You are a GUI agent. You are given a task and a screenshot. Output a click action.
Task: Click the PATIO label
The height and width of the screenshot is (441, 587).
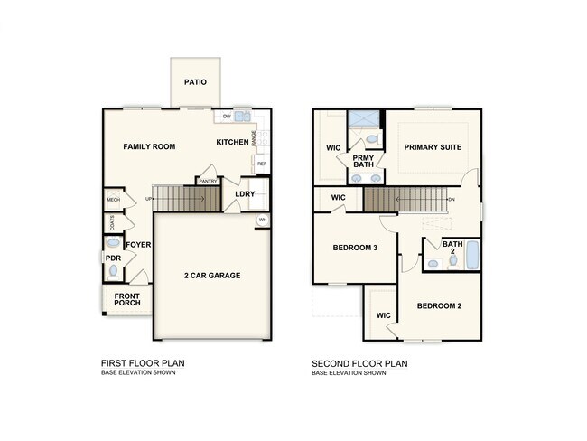195,82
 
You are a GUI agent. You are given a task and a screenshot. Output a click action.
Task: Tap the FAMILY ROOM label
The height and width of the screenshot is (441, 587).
149,146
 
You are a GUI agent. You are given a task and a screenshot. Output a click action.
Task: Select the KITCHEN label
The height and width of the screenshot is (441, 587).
232,143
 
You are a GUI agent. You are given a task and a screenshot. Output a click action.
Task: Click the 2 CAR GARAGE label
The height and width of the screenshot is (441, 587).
212,276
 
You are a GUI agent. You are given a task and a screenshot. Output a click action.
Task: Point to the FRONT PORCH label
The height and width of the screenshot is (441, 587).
126,298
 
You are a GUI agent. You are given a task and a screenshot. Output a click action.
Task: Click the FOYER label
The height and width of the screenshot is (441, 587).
138,245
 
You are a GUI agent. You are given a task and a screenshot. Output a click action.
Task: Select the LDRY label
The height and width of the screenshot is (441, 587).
245,193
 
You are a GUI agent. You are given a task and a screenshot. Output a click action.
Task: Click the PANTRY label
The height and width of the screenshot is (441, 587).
208,181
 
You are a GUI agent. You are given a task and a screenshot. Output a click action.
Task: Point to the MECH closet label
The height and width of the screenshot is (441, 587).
113,200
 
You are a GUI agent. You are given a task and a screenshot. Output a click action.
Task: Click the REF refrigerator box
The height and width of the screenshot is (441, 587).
261,164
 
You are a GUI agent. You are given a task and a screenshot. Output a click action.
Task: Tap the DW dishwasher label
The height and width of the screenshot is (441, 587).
227,117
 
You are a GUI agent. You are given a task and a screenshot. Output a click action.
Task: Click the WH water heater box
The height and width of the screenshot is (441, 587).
263,220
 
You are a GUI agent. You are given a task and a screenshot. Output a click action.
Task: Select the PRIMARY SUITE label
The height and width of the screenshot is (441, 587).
432,147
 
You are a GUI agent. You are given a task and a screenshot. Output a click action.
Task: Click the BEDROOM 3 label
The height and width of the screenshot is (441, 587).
355,249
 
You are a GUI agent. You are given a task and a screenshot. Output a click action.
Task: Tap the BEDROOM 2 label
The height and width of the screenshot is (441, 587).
439,306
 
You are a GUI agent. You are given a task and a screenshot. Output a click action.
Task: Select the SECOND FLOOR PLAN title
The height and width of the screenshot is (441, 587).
359,364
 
